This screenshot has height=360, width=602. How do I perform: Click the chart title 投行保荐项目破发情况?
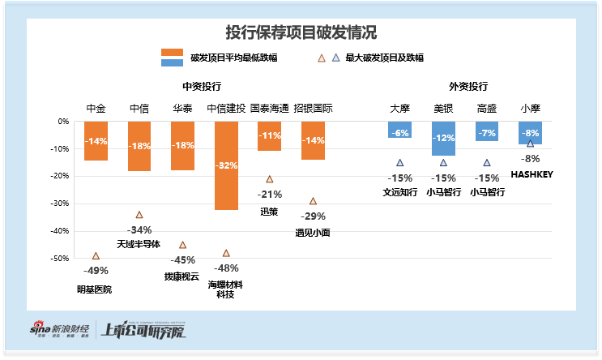pos(301,32)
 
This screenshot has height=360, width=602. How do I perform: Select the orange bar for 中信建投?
pos(226,165)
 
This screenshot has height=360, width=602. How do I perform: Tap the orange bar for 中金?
pos(96,141)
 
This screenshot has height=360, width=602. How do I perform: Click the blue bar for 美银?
pos(443,138)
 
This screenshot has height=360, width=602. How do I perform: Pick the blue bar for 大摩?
pos(399,130)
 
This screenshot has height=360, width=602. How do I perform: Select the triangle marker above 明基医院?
pos(96,255)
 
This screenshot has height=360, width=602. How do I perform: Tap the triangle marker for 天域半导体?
pos(139,215)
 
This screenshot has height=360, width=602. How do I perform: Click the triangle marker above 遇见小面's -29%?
pos(313,201)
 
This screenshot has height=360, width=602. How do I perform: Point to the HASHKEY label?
pos(531,174)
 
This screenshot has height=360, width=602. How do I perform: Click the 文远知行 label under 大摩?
pos(400,193)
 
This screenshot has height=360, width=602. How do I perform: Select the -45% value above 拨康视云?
pos(182,259)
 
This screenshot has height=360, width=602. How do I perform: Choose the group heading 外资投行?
pos(468,86)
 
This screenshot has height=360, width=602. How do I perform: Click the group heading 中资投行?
pos(202,86)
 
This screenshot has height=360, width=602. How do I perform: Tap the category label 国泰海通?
pos(269,108)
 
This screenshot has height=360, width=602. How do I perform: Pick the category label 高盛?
pos(486,108)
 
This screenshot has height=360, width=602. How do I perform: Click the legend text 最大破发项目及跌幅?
pos(384,58)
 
